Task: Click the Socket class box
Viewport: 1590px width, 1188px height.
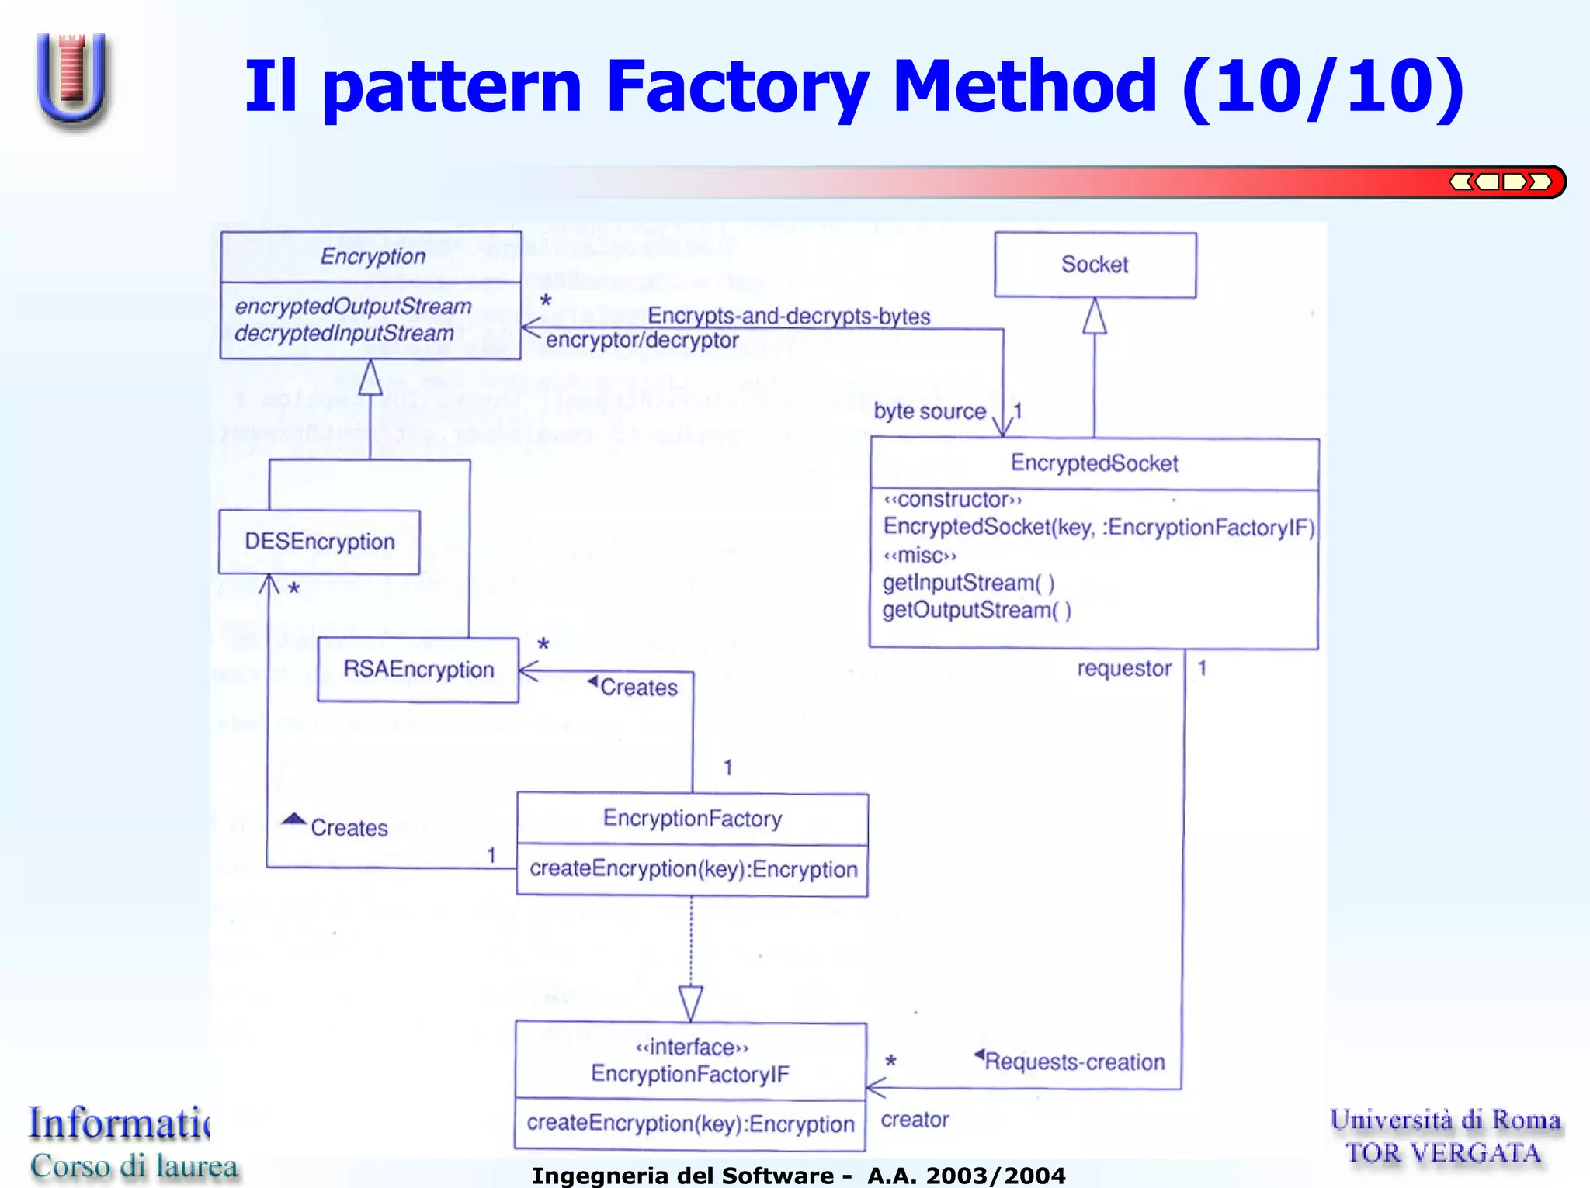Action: (1095, 265)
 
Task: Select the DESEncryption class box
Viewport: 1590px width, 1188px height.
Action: (319, 542)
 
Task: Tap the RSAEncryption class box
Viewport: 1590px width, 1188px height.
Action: (418, 670)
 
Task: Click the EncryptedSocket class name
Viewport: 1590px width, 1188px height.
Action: (1094, 463)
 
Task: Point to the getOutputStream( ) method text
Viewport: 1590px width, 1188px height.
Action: (977, 611)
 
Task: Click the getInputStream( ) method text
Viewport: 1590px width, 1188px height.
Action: (968, 583)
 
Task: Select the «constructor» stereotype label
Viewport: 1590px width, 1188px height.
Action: (953, 500)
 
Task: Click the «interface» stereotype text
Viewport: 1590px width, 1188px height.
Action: (692, 1048)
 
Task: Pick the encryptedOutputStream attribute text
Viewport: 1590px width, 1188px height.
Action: (353, 307)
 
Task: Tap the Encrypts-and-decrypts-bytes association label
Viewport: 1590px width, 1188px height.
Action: (789, 316)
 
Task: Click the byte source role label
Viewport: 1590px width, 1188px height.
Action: (929, 411)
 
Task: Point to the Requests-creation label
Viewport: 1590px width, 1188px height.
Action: (1074, 1062)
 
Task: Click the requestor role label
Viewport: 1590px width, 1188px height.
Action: (1124, 668)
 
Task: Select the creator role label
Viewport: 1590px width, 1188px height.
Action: (915, 1120)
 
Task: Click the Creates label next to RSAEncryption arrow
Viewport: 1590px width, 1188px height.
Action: (638, 688)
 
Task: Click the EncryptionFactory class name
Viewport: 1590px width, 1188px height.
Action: (692, 818)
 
